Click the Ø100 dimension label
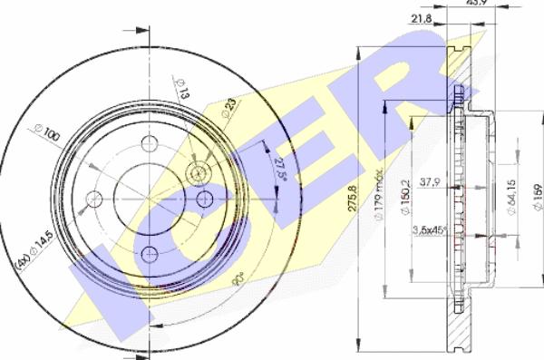click(x=46, y=136)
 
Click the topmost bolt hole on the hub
click(x=149, y=144)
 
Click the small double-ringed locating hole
click(x=197, y=172)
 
